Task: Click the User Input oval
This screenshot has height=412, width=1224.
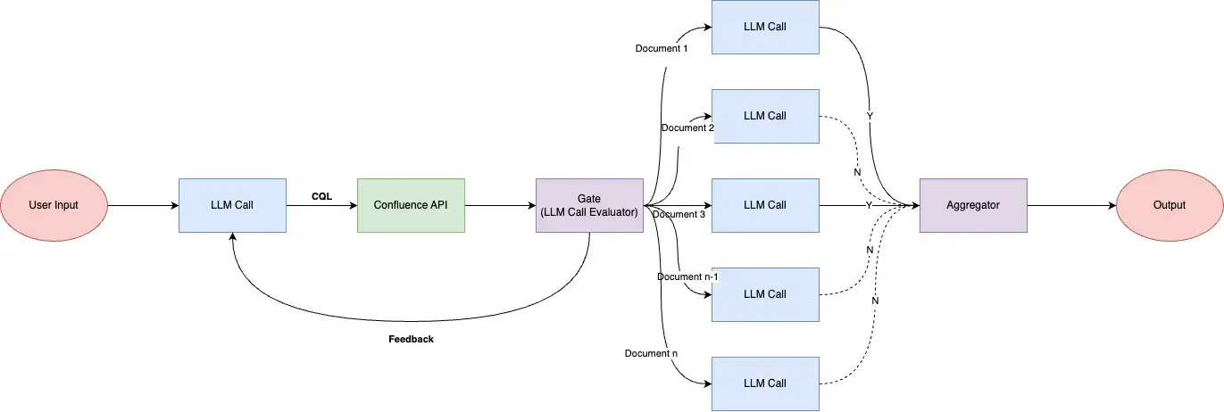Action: point(54,205)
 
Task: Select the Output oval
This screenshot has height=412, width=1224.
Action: point(1170,205)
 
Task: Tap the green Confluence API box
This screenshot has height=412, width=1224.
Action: point(411,205)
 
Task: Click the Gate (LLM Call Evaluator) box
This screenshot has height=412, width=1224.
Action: point(589,205)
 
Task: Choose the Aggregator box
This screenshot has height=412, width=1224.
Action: point(973,205)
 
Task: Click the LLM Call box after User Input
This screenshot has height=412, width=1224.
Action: point(232,205)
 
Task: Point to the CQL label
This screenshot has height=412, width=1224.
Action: point(321,196)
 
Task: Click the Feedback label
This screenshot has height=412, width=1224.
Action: point(411,340)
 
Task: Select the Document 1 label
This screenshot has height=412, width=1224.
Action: point(662,48)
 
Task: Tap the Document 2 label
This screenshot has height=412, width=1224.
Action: point(687,128)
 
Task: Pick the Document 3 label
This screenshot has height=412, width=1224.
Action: point(679,214)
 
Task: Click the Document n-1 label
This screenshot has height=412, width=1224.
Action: point(687,276)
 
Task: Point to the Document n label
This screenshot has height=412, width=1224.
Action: point(651,354)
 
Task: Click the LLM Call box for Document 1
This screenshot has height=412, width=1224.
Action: point(765,27)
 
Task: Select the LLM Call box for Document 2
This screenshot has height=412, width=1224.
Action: point(765,116)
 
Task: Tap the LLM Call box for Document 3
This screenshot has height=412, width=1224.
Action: point(765,205)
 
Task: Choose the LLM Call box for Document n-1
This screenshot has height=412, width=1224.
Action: point(765,294)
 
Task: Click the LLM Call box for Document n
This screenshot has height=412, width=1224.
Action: point(765,383)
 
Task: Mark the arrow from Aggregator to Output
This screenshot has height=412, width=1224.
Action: point(1071,205)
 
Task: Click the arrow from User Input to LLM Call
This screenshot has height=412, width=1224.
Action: point(143,205)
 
